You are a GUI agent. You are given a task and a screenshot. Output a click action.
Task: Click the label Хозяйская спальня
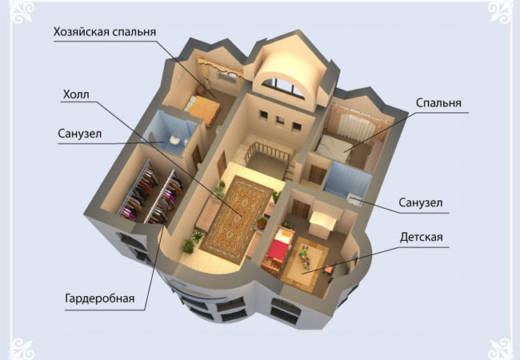pyautogui.click(x=105, y=32)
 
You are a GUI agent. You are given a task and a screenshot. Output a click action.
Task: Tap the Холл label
pyautogui.click(x=76, y=95)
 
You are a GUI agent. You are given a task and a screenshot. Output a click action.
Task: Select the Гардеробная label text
pyautogui.click(x=100, y=298)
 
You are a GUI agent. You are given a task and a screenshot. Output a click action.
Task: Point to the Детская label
pyautogui.click(x=421, y=238)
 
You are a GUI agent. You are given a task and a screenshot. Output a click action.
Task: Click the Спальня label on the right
pyautogui.click(x=438, y=102)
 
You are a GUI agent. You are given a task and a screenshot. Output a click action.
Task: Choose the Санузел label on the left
pyautogui.click(x=79, y=134)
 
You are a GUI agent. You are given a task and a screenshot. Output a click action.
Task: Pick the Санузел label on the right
pyautogui.click(x=421, y=202)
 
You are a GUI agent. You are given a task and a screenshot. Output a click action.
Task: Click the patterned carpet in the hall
pyautogui.click(x=236, y=218)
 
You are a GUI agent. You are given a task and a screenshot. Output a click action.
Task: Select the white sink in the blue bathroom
pyautogui.click(x=174, y=140)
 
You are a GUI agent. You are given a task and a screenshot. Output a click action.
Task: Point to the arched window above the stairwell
pyautogui.click(x=284, y=86)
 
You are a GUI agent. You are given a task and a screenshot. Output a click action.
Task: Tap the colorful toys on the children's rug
pyautogui.click(x=305, y=256)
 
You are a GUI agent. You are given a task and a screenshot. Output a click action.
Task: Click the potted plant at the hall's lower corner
pyautogui.click(x=188, y=246)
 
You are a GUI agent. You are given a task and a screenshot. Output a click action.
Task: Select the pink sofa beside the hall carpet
pyautogui.click(x=208, y=214)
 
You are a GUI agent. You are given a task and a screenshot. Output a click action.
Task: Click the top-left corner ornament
pyautogui.click(x=22, y=13)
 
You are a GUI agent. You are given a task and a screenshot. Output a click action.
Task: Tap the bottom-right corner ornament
pyautogui.click(x=501, y=349)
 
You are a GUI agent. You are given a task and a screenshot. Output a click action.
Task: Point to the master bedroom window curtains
pyautogui.click(x=220, y=71)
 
